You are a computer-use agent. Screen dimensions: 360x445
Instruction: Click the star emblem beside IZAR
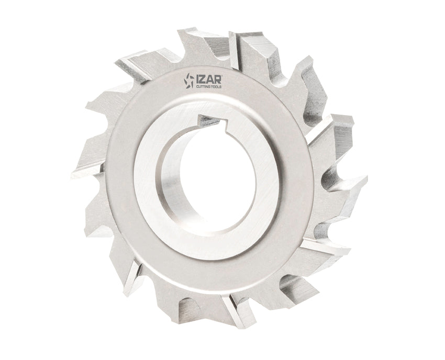(x=189, y=81)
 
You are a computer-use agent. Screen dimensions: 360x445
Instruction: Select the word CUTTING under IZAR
(x=203, y=87)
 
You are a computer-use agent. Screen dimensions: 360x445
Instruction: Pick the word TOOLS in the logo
(x=216, y=87)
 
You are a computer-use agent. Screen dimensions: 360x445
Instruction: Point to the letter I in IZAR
(x=198, y=79)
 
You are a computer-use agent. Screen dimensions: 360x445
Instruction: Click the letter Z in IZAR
(x=203, y=79)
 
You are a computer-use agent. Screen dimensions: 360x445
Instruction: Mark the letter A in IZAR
(x=209, y=79)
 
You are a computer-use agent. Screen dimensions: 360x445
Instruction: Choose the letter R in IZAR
(x=217, y=79)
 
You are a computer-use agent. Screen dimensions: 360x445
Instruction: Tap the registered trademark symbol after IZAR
(x=222, y=75)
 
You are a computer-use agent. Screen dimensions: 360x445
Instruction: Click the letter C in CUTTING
(x=197, y=87)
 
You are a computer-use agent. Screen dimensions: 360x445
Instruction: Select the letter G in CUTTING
(x=209, y=87)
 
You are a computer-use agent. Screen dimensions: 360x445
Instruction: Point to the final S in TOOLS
(x=220, y=87)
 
